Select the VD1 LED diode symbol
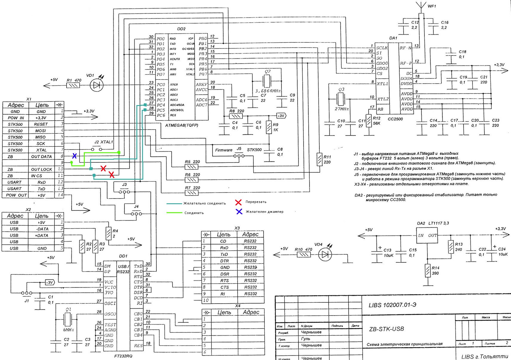(x=96, y=86)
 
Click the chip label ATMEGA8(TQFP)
(x=181, y=125)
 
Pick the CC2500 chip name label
(x=395, y=119)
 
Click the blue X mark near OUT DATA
(x=74, y=156)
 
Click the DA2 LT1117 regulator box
(x=427, y=236)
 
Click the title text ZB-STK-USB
(x=387, y=329)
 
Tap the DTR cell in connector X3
(x=224, y=261)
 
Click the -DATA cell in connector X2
(x=42, y=229)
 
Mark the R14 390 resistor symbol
(x=428, y=271)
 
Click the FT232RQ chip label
(x=122, y=356)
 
